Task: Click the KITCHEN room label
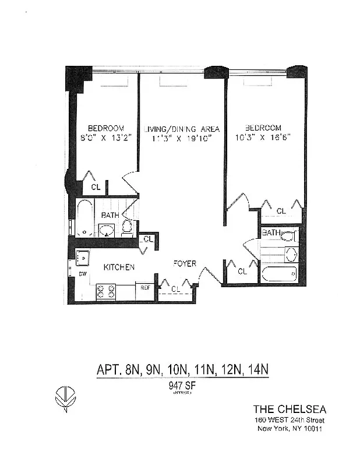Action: point(119,267)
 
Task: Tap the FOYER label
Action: point(184,263)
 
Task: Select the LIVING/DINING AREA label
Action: point(181,129)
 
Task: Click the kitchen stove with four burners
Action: point(105,291)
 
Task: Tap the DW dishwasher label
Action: point(83,273)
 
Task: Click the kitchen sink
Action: point(82,256)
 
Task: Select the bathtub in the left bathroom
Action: point(85,218)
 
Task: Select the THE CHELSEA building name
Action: point(288,408)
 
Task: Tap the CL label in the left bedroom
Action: point(96,188)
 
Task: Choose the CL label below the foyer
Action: point(175,288)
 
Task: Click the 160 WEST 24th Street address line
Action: point(289,420)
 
